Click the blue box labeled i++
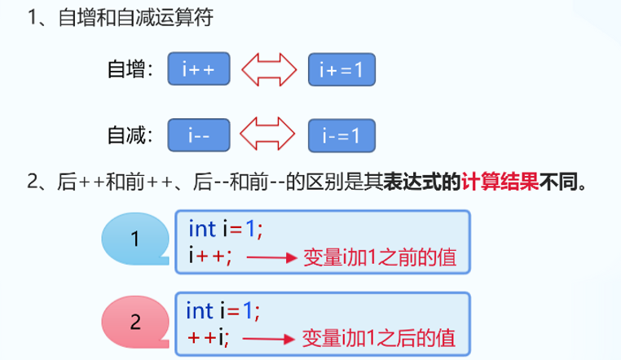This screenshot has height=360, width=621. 199,71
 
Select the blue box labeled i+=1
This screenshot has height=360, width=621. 342,71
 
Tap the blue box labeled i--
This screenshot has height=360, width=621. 199,135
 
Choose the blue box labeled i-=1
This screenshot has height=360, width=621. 342,135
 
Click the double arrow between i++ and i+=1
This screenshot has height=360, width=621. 271,71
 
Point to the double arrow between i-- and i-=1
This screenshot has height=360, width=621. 271,135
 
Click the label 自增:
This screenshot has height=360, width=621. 131,71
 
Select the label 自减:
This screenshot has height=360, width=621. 131,135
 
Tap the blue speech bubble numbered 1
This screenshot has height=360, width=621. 135,239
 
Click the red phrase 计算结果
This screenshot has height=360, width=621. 500,182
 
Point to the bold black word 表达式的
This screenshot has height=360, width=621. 423,182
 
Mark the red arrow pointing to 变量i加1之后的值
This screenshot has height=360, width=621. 269,336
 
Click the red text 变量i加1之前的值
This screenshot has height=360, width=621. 378,257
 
